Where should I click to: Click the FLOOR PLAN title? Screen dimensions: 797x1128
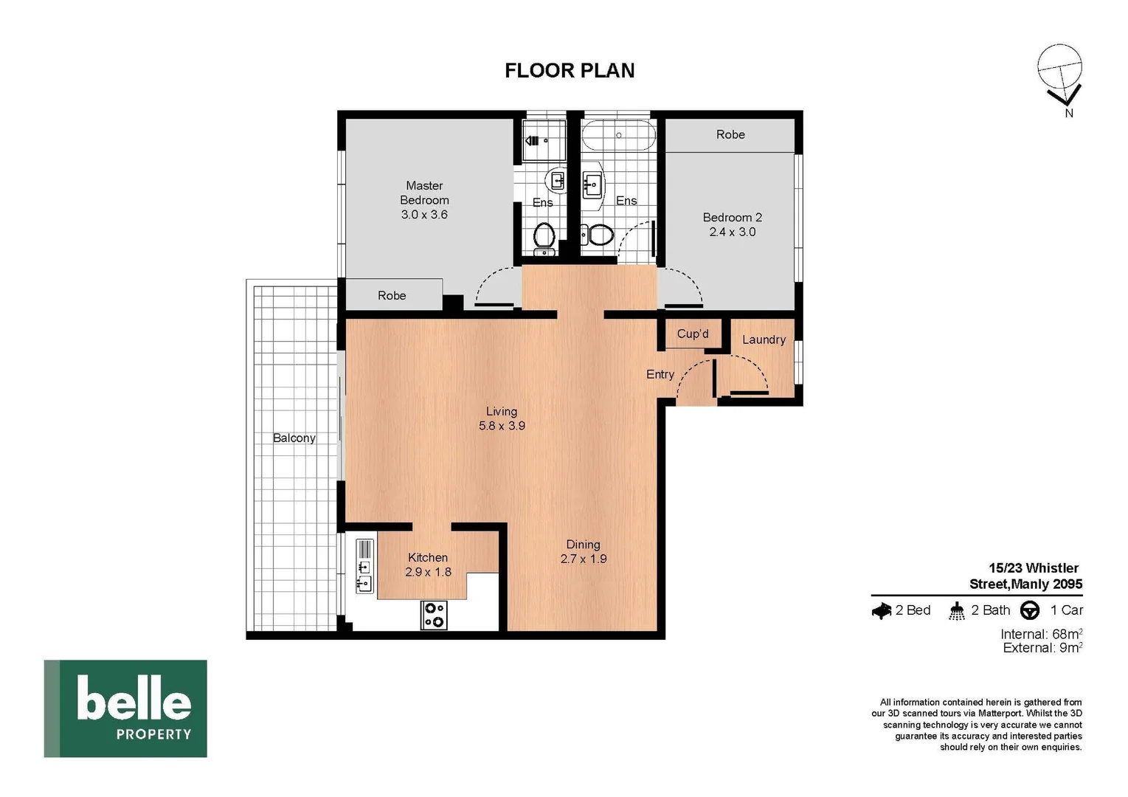[569, 70]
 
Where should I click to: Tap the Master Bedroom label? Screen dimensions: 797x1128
[424, 193]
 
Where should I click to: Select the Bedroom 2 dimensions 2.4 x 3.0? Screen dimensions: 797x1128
[732, 232]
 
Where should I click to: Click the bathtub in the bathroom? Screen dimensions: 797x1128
[617, 136]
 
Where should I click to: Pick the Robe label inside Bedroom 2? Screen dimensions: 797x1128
[730, 134]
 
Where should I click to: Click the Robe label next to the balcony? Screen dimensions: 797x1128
[392, 295]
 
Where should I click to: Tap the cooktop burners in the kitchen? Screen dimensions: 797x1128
[434, 615]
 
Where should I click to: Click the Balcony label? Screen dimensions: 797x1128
[294, 438]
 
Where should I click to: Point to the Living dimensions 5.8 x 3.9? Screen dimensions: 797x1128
[502, 426]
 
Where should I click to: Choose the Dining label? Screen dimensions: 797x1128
[583, 545]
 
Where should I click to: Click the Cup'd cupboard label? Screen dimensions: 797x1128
[692, 334]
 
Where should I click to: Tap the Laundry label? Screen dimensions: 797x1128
[764, 339]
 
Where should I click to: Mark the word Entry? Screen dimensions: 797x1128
[660, 374]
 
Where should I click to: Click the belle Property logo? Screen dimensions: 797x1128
[125, 708]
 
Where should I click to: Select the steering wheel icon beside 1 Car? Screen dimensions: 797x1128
[1030, 610]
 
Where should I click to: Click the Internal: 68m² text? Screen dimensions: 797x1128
[1041, 634]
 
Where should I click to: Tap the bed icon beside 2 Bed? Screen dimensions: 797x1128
[882, 611]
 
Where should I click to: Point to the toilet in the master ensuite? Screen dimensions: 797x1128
[544, 235]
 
